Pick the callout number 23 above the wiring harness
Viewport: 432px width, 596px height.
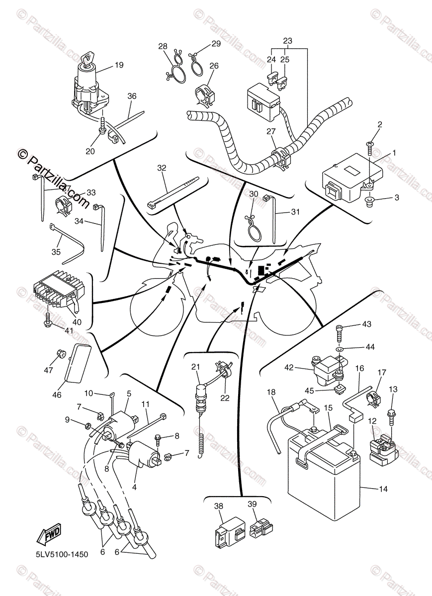288,41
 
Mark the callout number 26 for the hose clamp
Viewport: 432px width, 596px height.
214,66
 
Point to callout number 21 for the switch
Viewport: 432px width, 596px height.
195,367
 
